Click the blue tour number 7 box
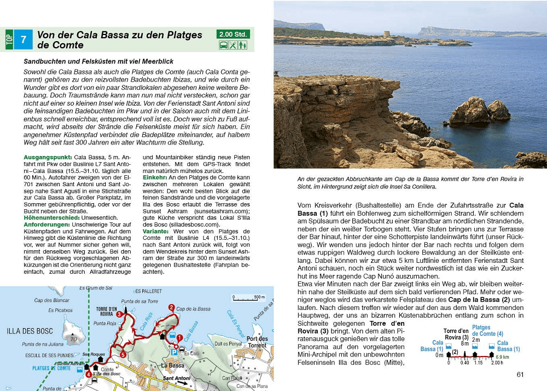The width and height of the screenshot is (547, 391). coord(23,39)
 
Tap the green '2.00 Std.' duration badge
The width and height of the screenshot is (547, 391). coord(234,34)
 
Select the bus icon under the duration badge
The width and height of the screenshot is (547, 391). coord(224,45)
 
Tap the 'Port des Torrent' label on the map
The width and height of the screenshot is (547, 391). coord(257,341)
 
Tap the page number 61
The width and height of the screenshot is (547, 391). coord(520,375)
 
